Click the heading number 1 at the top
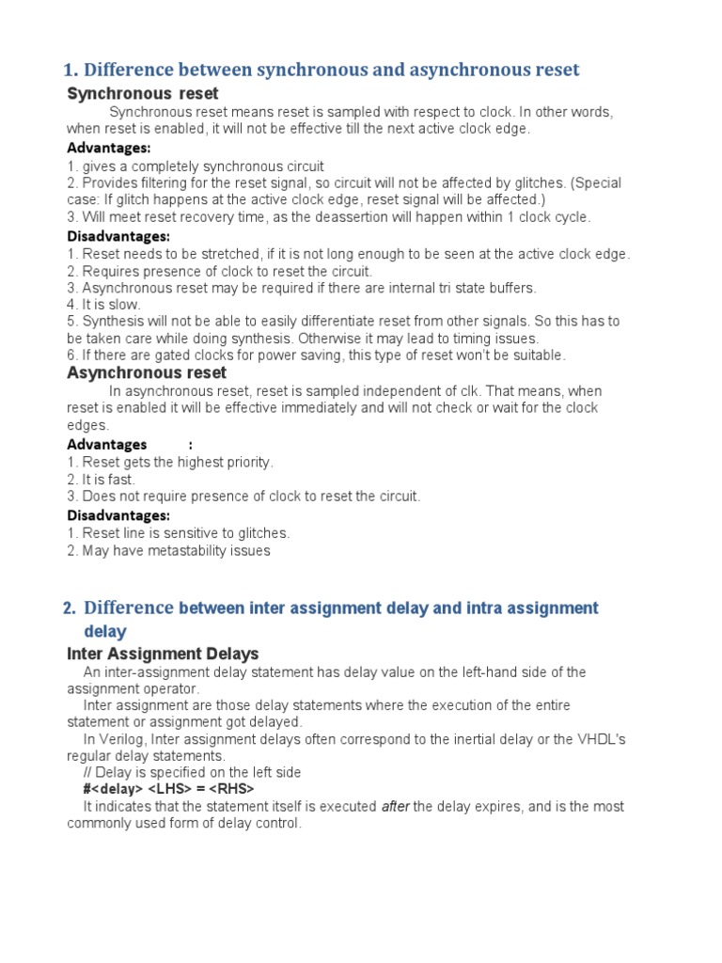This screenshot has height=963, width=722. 69,71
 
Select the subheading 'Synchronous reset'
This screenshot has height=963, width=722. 143,93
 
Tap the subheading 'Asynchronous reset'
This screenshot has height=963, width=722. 147,372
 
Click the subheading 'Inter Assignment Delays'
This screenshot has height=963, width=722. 164,653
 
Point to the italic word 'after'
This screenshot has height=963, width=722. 396,807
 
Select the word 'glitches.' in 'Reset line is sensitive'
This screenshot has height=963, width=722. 261,533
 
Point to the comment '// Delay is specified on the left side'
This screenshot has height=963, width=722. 193,772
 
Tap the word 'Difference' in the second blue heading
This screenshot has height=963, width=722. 129,608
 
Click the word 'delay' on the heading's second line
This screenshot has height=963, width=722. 105,631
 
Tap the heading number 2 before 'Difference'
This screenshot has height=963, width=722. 69,608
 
